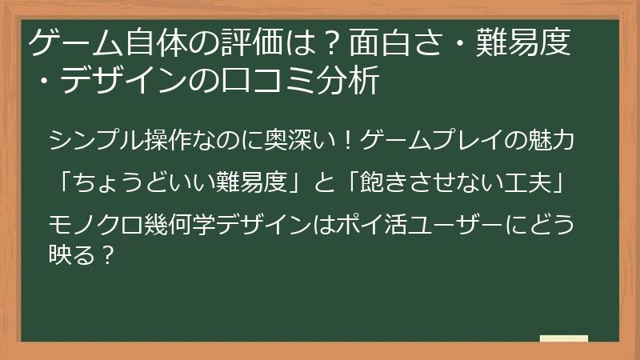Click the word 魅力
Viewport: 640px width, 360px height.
click(553, 143)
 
